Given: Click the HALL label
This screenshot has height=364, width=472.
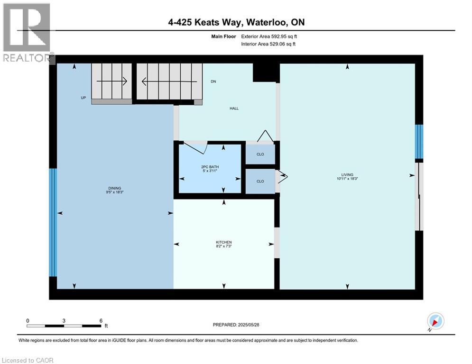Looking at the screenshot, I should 234,109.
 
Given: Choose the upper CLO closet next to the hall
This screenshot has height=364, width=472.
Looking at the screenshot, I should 260,154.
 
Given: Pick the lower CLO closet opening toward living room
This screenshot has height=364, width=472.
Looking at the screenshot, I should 260,181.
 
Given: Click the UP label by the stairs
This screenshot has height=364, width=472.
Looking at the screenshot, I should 83,98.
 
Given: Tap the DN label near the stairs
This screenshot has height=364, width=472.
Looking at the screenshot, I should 213,82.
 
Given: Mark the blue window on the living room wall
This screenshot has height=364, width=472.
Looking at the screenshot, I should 418,141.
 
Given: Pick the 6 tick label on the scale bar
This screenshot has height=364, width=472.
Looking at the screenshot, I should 101,320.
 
